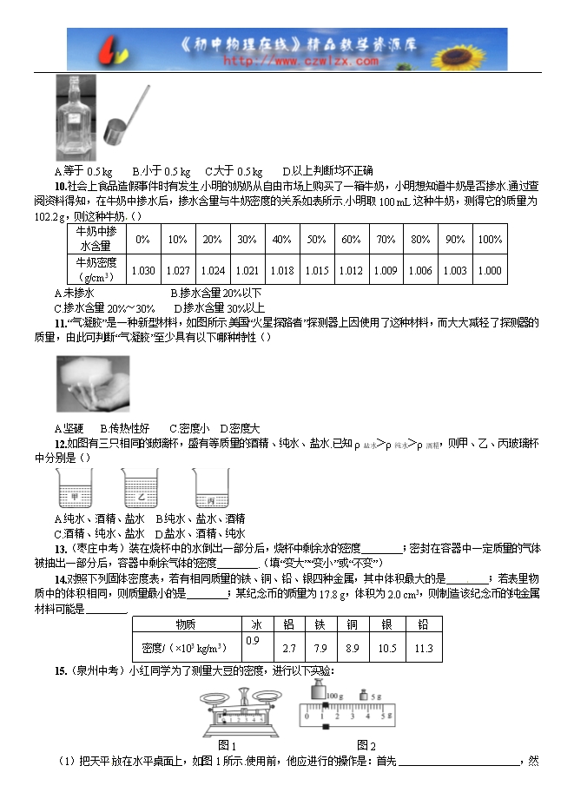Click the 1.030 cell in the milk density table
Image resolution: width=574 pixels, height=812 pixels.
pyautogui.click(x=142, y=270)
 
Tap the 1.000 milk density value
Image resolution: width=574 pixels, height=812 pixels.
pyautogui.click(x=490, y=270)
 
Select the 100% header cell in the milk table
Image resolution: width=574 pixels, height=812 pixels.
pyautogui.click(x=490, y=240)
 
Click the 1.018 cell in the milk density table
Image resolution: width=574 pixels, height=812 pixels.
pyautogui.click(x=281, y=270)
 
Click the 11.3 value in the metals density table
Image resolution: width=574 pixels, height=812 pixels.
pyautogui.click(x=424, y=649)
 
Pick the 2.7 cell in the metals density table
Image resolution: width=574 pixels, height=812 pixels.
pyautogui.click(x=291, y=649)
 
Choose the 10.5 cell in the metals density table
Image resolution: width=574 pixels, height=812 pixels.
pyautogui.click(x=387, y=649)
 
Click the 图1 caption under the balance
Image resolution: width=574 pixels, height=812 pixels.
pyautogui.click(x=227, y=744)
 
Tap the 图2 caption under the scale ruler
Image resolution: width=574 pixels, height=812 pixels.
pyautogui.click(x=366, y=744)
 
